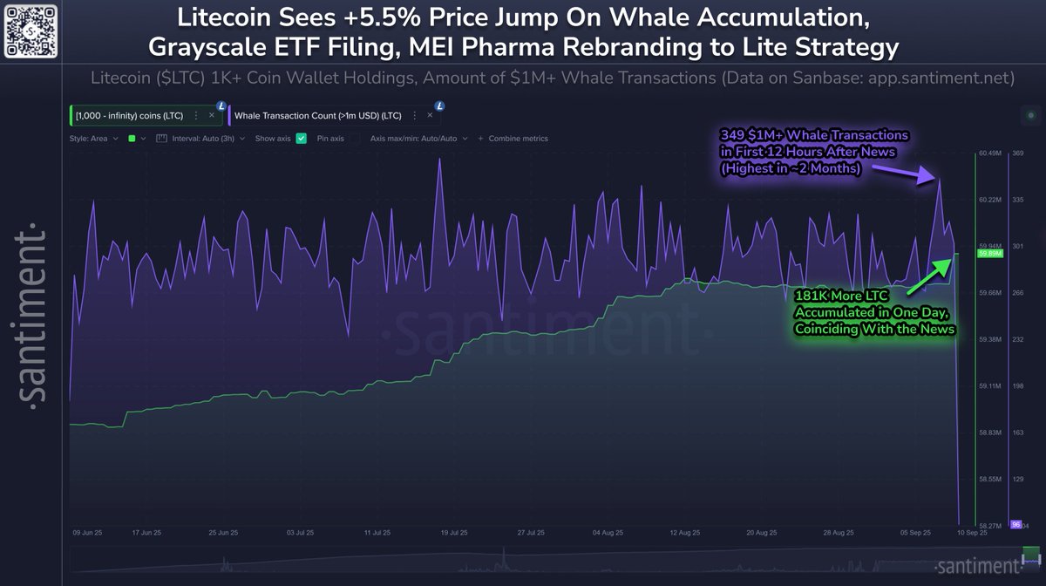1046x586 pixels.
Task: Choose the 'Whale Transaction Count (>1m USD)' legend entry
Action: (x=324, y=115)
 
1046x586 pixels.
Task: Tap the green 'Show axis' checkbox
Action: (x=302, y=139)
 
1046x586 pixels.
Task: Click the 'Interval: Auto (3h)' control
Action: (x=200, y=139)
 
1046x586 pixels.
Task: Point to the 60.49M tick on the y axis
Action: (x=989, y=153)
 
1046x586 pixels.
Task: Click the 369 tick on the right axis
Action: (x=1016, y=153)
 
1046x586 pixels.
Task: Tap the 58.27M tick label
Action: (x=989, y=526)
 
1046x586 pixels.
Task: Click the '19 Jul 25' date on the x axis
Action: (x=456, y=531)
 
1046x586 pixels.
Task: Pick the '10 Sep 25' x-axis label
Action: (x=972, y=531)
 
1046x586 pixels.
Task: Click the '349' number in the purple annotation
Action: (x=731, y=136)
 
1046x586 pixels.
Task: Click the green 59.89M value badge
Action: (x=991, y=254)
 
